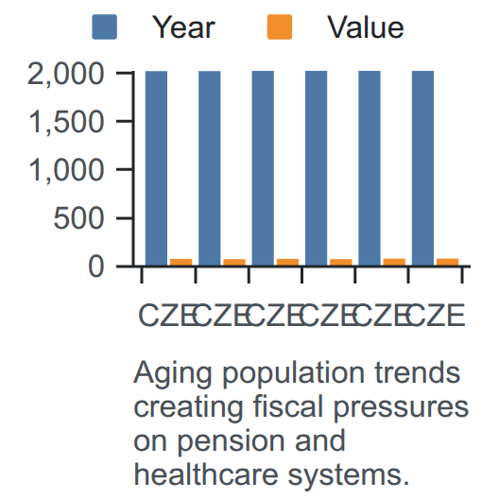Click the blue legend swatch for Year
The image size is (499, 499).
(104, 27)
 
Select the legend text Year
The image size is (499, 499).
(183, 27)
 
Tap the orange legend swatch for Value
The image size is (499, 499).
(280, 27)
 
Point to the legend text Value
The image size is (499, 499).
(366, 27)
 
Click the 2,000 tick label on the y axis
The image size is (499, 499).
(66, 74)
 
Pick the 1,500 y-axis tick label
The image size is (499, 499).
(66, 122)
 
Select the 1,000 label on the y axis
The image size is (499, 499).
(66, 170)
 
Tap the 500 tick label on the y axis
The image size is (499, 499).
(78, 218)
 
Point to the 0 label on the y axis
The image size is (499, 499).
(95, 267)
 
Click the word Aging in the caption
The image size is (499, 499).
(173, 373)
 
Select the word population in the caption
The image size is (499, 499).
(293, 373)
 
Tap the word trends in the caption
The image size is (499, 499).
(417, 371)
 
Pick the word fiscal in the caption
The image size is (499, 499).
(288, 406)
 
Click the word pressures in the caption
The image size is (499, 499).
(401, 409)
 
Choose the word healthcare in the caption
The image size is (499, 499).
(206, 474)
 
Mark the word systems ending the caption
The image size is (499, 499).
(348, 476)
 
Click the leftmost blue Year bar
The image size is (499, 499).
(156, 168)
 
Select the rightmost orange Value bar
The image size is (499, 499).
(447, 262)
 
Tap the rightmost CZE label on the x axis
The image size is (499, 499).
(436, 316)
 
